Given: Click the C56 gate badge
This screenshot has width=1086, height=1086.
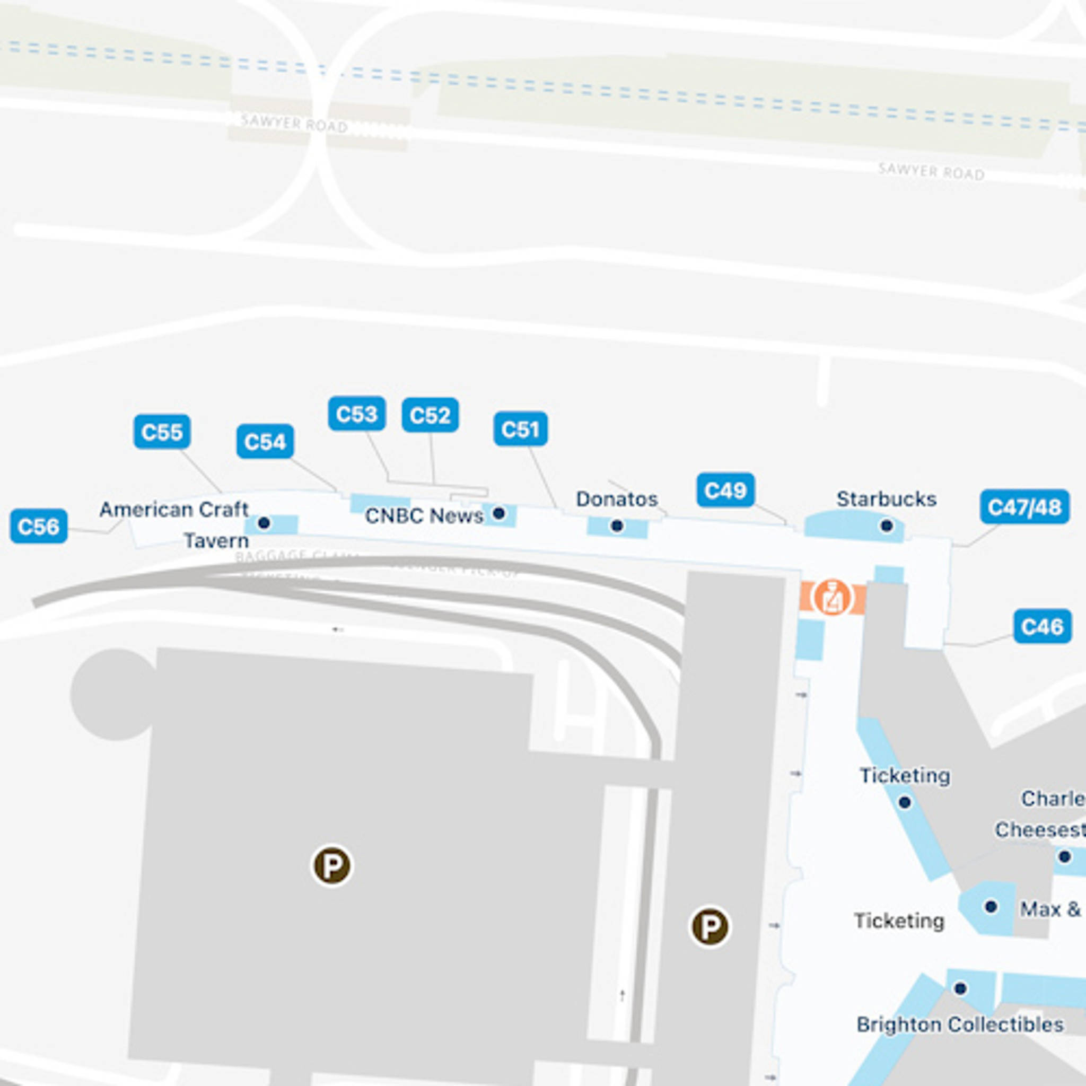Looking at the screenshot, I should click(39, 526).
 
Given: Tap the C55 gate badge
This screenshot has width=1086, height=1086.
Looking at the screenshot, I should click(162, 432).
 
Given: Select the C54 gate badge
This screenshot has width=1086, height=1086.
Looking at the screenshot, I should click(265, 441).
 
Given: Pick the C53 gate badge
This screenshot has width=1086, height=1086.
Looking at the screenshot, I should click(357, 414).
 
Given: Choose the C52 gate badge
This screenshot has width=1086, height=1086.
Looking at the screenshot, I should click(430, 415).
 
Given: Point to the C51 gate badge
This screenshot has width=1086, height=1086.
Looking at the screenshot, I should click(521, 429).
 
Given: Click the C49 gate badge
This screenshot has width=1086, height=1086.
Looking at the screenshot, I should click(726, 490).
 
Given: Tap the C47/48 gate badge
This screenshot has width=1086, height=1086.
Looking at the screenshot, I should click(1024, 506).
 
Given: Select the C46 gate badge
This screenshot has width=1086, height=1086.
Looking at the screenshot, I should click(1042, 626).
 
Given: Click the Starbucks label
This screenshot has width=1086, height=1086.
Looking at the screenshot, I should click(887, 498).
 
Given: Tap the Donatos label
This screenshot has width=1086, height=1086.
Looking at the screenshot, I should click(617, 498).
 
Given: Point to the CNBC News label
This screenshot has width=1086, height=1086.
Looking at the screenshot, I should click(424, 515).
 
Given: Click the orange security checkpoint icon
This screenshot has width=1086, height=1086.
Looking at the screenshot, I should click(833, 597).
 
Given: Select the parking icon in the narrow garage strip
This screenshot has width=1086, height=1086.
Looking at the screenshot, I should click(710, 927).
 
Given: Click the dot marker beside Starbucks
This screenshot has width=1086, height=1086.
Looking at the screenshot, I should click(887, 526).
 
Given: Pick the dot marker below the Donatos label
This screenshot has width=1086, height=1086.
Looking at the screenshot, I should click(617, 526).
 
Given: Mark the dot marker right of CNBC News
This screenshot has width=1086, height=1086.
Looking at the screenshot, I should click(498, 513).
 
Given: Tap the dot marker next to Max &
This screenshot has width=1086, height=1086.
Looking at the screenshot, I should click(991, 906).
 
